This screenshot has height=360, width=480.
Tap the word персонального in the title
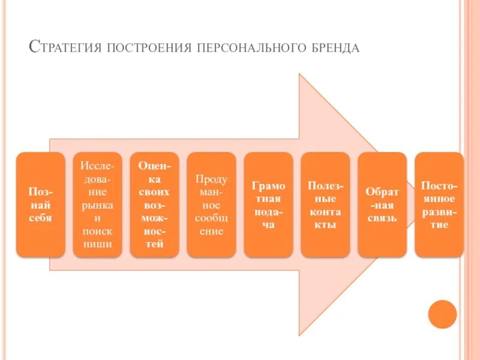coord(250,47)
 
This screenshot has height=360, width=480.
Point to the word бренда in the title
coord(333,47)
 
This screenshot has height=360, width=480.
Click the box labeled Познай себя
coord(40,205)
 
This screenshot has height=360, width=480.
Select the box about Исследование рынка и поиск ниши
coord(97,205)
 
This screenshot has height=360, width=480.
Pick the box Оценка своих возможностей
coord(154,205)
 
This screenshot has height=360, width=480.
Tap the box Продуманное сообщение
coord(211,205)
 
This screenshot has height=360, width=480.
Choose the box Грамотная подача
coord(268,205)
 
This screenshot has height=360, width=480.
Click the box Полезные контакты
coord(325,205)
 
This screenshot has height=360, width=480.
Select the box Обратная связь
coord(382,205)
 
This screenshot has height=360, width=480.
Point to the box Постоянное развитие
coord(439,205)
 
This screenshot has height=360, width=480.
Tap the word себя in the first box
coord(40,218)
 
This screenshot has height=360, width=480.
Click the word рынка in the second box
coord(97,205)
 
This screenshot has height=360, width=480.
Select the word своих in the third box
coord(154,192)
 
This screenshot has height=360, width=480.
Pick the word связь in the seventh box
coord(382,218)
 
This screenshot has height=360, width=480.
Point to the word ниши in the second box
coord(97,244)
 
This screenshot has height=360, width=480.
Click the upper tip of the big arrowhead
coord(299,75)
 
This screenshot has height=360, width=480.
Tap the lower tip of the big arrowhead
coord(299,334)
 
